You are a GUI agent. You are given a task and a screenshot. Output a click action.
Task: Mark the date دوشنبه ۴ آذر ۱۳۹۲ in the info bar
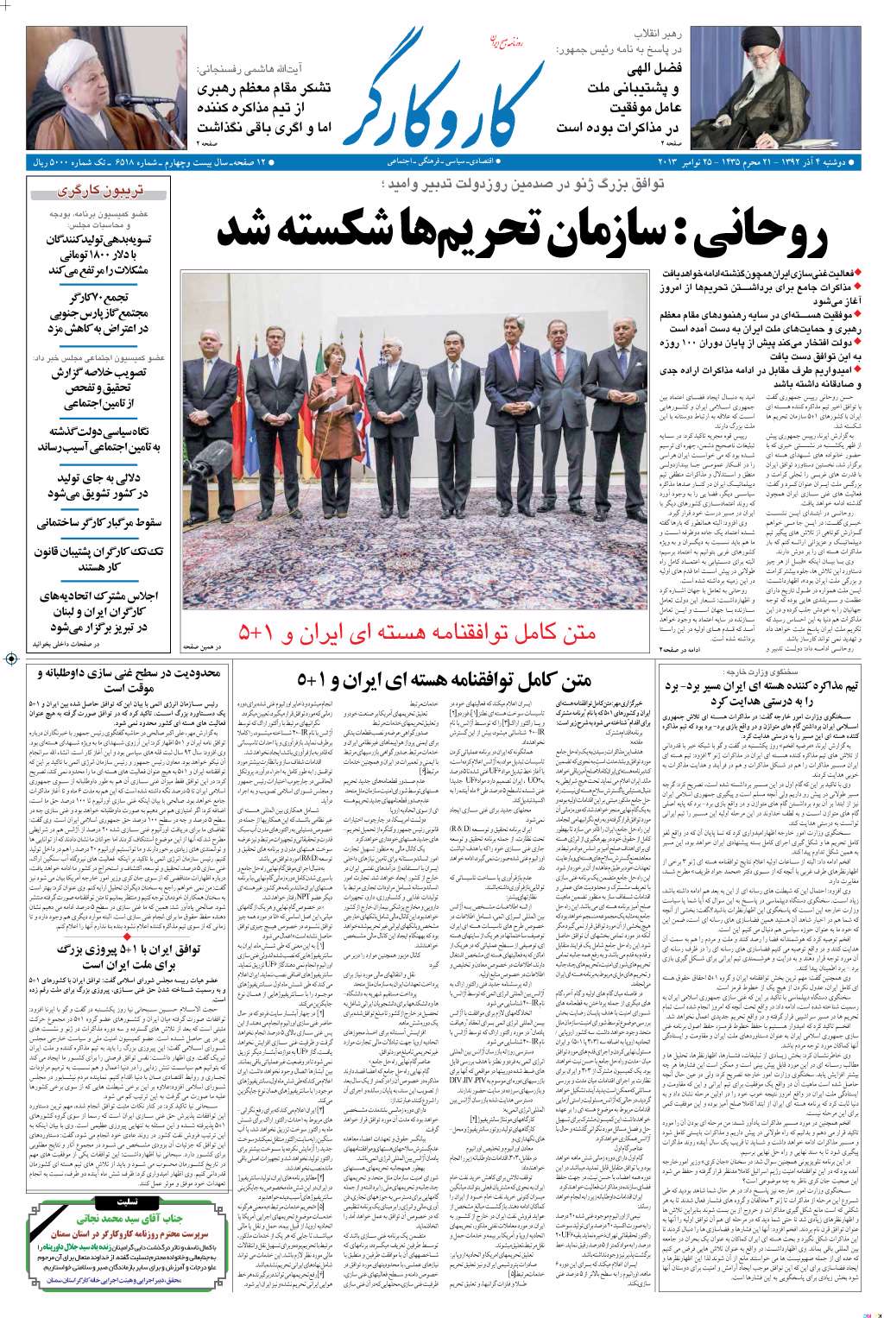coord(807,161)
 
